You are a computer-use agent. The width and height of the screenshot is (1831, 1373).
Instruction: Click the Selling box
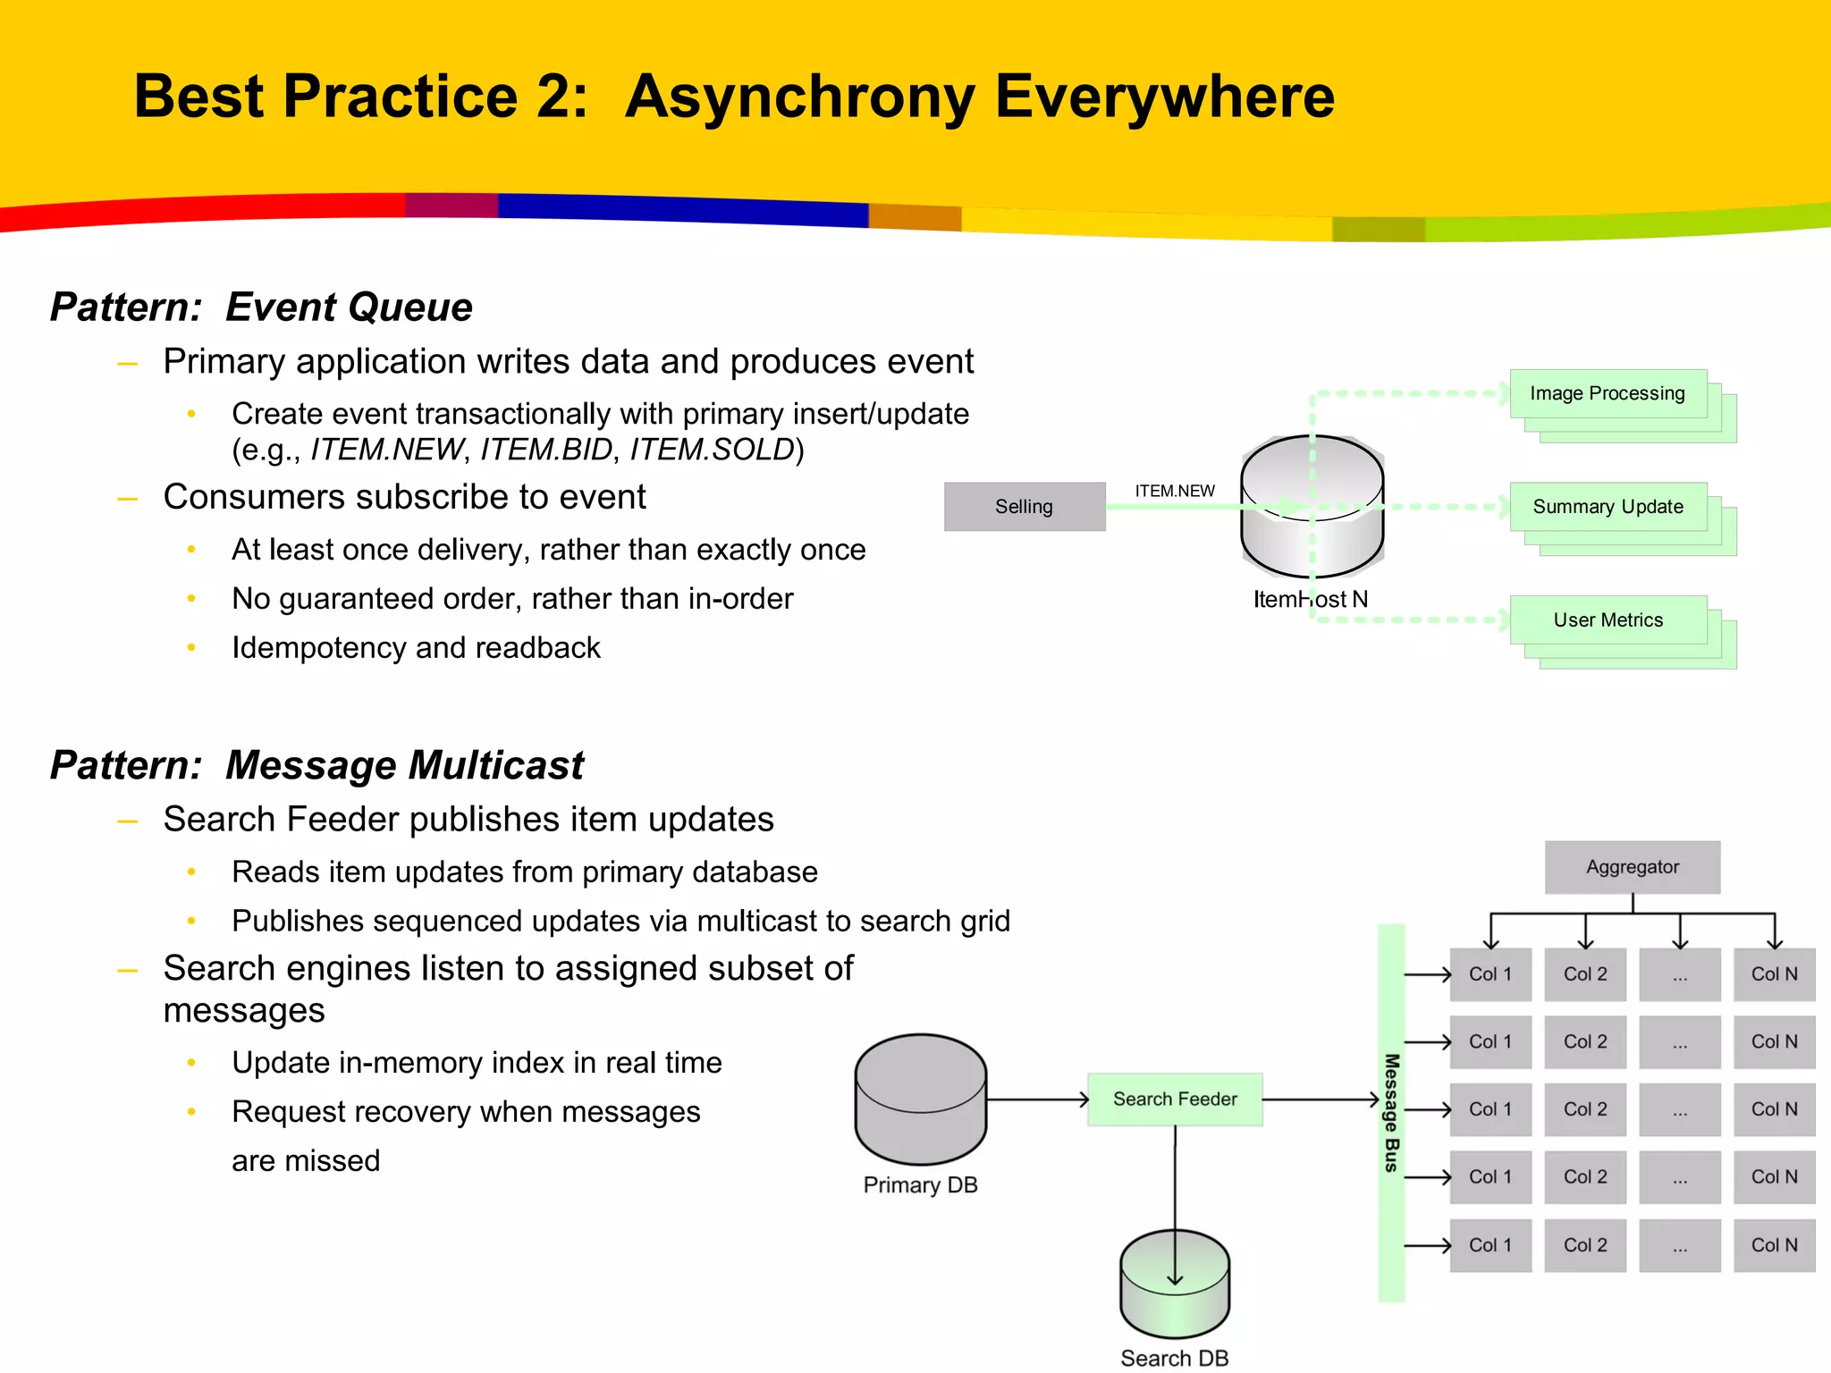[x=1025, y=507]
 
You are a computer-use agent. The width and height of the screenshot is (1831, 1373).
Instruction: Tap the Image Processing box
[x=1607, y=394]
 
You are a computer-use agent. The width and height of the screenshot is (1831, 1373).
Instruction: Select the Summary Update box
[x=1607, y=507]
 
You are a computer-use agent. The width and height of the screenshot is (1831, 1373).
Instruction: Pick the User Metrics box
[x=1607, y=620]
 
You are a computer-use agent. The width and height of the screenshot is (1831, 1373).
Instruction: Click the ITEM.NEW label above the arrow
[x=1174, y=491]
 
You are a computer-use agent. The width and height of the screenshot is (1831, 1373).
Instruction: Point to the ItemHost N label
[x=1310, y=599]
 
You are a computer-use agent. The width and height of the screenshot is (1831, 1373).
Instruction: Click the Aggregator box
[x=1632, y=867]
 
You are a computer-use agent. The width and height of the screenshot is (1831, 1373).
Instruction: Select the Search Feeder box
[x=1174, y=1099]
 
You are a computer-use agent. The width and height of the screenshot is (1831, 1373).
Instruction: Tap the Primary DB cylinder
[x=920, y=1099]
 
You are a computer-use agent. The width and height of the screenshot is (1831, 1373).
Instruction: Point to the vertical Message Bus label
[x=1391, y=1113]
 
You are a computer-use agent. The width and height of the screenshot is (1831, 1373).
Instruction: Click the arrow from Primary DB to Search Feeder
[x=1037, y=1099]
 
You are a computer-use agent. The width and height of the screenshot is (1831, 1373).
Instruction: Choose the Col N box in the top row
[x=1774, y=974]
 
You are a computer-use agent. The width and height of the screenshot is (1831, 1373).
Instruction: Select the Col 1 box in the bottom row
[x=1489, y=1245]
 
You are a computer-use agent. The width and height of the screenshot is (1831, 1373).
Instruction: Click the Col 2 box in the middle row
[x=1584, y=1109]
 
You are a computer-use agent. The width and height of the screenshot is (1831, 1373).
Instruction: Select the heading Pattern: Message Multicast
[x=316, y=765]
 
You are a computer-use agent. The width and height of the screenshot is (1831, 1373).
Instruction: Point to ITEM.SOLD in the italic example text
[x=712, y=450]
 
